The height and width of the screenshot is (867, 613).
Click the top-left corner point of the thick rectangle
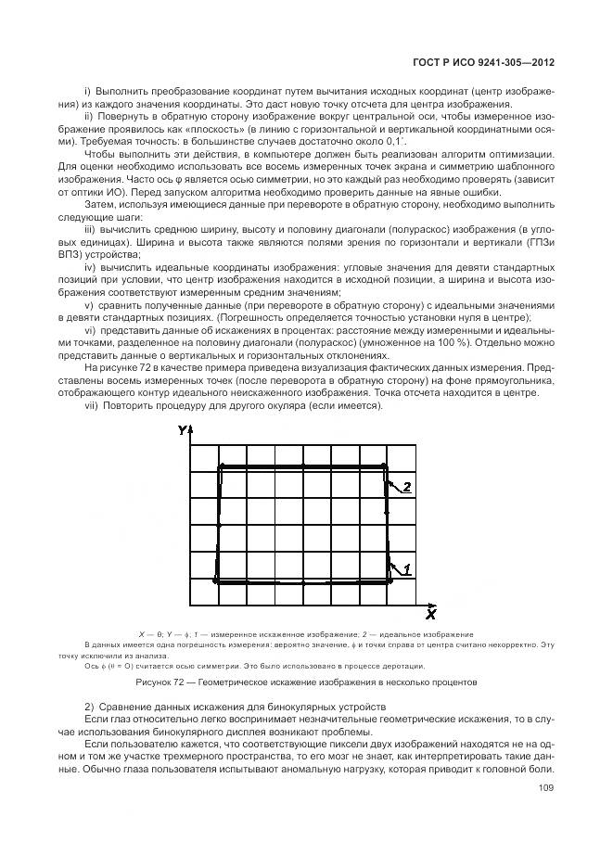pos(220,467)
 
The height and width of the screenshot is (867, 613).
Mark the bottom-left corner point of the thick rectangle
pos(216,581)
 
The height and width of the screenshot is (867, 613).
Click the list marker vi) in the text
pos(91,330)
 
